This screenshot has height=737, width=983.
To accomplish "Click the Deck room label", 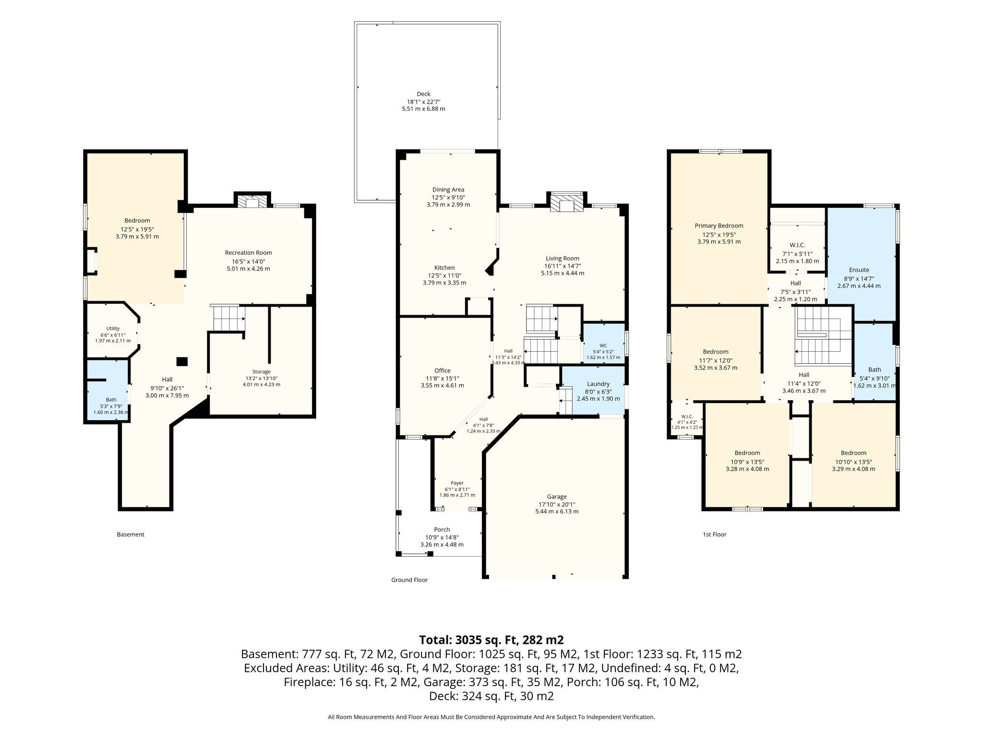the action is [x=423, y=94].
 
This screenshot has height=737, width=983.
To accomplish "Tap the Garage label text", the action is [x=557, y=497].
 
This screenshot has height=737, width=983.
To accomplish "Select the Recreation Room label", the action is [x=248, y=253].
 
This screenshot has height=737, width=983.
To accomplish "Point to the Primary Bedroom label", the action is [x=719, y=226].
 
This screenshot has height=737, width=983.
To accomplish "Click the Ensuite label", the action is [x=859, y=270].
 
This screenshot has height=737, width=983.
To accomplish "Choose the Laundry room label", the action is [x=598, y=384].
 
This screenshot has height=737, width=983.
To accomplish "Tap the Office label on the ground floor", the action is [x=442, y=370].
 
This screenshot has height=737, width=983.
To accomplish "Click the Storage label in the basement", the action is [x=261, y=372].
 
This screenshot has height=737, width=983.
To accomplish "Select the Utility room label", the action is [x=113, y=329].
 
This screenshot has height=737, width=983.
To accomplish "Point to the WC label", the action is [x=603, y=345].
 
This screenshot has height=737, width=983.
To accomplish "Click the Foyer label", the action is [x=457, y=483].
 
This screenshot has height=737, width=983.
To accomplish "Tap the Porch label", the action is [x=442, y=530].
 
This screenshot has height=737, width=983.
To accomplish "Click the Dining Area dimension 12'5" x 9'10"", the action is [x=448, y=197].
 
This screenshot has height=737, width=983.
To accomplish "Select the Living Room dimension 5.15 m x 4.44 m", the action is [x=563, y=273].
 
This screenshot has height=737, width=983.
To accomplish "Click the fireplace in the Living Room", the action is [x=567, y=202].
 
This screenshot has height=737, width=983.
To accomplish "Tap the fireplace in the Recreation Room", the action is [x=252, y=201].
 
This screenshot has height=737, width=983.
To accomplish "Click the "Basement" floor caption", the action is [x=131, y=535].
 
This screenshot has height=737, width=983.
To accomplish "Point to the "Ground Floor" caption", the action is [x=409, y=580].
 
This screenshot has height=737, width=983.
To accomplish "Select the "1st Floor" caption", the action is [x=714, y=535].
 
